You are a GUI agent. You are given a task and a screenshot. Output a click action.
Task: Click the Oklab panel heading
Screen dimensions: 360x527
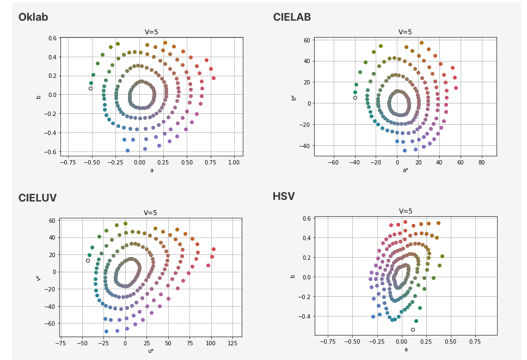(x=33, y=17)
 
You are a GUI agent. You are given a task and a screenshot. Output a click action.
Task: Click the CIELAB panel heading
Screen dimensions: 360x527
(x=292, y=17)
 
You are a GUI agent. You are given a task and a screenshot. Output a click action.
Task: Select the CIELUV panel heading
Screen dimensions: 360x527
(x=37, y=198)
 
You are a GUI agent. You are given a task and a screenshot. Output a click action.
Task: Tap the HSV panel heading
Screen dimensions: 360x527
(x=284, y=197)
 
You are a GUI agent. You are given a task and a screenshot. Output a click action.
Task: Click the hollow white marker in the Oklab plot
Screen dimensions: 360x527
(x=91, y=88)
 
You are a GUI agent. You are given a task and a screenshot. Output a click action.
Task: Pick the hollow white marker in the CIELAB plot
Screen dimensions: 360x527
(x=355, y=97)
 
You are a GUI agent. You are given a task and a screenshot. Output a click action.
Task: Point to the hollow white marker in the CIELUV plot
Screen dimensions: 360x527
(x=88, y=260)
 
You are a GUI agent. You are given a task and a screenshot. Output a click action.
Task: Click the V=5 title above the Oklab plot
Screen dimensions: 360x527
(x=151, y=32)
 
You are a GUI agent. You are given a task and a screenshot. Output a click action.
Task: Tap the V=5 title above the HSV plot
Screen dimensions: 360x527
(x=406, y=211)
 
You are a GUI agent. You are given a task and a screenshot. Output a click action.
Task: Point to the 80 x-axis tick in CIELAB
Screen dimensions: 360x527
(x=481, y=162)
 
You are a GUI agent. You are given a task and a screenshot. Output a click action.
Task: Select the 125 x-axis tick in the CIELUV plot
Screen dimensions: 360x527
(x=232, y=343)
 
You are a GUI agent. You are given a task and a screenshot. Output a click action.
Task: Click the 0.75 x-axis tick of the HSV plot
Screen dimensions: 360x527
(x=474, y=342)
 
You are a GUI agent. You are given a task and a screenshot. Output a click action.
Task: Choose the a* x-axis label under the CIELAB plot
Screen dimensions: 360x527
(x=406, y=169)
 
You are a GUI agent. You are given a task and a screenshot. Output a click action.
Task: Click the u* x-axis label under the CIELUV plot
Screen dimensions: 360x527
(x=151, y=350)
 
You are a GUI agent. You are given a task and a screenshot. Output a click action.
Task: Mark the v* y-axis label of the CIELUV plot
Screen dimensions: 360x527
(x=38, y=278)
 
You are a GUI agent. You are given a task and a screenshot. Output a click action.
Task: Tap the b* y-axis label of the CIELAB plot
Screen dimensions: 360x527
(x=293, y=97)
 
